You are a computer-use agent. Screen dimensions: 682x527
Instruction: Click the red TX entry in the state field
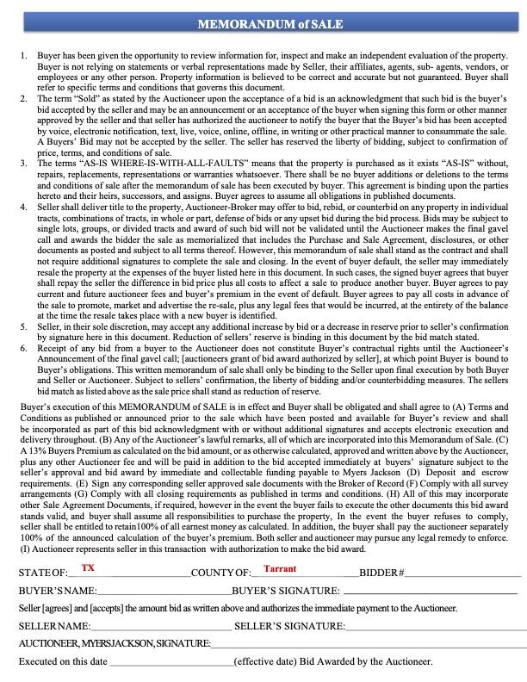(x=88, y=567)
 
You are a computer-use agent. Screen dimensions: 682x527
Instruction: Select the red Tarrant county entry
(x=280, y=568)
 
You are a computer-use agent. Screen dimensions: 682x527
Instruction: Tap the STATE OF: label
(x=43, y=573)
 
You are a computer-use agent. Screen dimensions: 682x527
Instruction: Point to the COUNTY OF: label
(x=221, y=573)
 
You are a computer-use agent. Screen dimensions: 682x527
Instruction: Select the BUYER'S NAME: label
(x=58, y=591)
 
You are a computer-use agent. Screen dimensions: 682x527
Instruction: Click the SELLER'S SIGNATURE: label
(x=289, y=626)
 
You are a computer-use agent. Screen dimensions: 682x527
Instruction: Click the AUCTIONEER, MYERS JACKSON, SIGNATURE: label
(x=115, y=643)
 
